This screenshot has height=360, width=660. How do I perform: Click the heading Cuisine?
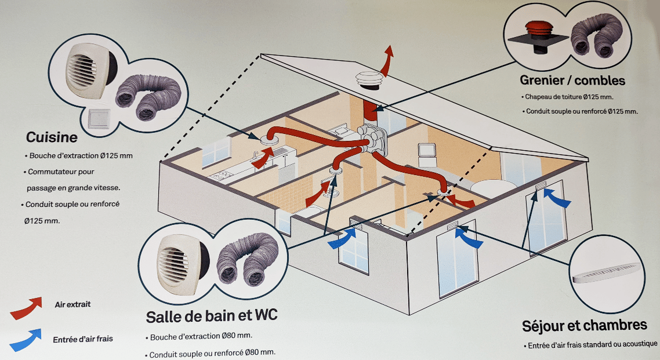pyautogui.click(x=52, y=137)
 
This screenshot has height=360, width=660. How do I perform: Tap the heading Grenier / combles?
pyautogui.click(x=572, y=80)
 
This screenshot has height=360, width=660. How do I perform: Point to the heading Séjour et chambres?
pyautogui.click(x=585, y=326)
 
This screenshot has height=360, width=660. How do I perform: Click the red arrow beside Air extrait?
pyautogui.click(x=26, y=308)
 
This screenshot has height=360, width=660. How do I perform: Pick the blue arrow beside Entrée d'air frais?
pyautogui.click(x=26, y=340)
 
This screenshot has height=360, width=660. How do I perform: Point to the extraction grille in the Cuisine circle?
pyautogui.click(x=88, y=71)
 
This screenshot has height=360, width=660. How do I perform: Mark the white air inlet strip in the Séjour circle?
pyautogui.click(x=608, y=274)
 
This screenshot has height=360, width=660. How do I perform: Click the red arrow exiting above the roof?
pyautogui.click(x=386, y=60)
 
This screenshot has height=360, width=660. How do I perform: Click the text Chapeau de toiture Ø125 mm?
pyautogui.click(x=569, y=97)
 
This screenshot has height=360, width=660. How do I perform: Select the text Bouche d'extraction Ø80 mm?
pyautogui.click(x=201, y=336)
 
